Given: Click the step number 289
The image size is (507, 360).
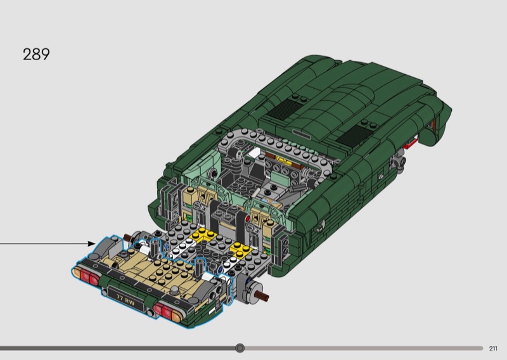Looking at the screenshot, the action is pyautogui.click(x=36, y=55).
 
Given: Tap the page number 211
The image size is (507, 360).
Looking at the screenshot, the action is pyautogui.click(x=493, y=349).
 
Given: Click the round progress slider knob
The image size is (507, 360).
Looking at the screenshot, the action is pyautogui.click(x=240, y=348).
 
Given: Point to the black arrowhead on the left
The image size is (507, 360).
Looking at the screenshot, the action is pyautogui.click(x=91, y=243).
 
